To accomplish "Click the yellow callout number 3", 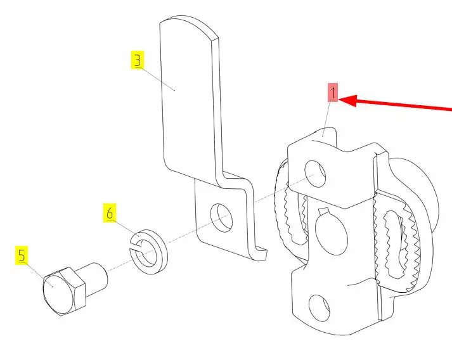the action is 138,60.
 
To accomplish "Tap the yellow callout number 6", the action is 110,213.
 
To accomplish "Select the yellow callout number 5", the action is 22,255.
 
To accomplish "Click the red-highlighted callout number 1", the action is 333,93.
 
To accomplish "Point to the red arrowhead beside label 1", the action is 348,101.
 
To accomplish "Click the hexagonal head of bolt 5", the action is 64,291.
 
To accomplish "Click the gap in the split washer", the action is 134,246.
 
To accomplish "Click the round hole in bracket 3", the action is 222,217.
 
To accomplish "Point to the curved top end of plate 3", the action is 189,23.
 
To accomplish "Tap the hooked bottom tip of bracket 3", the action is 262,254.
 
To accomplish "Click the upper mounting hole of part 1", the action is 315,174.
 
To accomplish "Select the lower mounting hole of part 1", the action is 320,308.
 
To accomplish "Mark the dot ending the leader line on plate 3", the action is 175,90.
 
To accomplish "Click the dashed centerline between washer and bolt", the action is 118,266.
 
